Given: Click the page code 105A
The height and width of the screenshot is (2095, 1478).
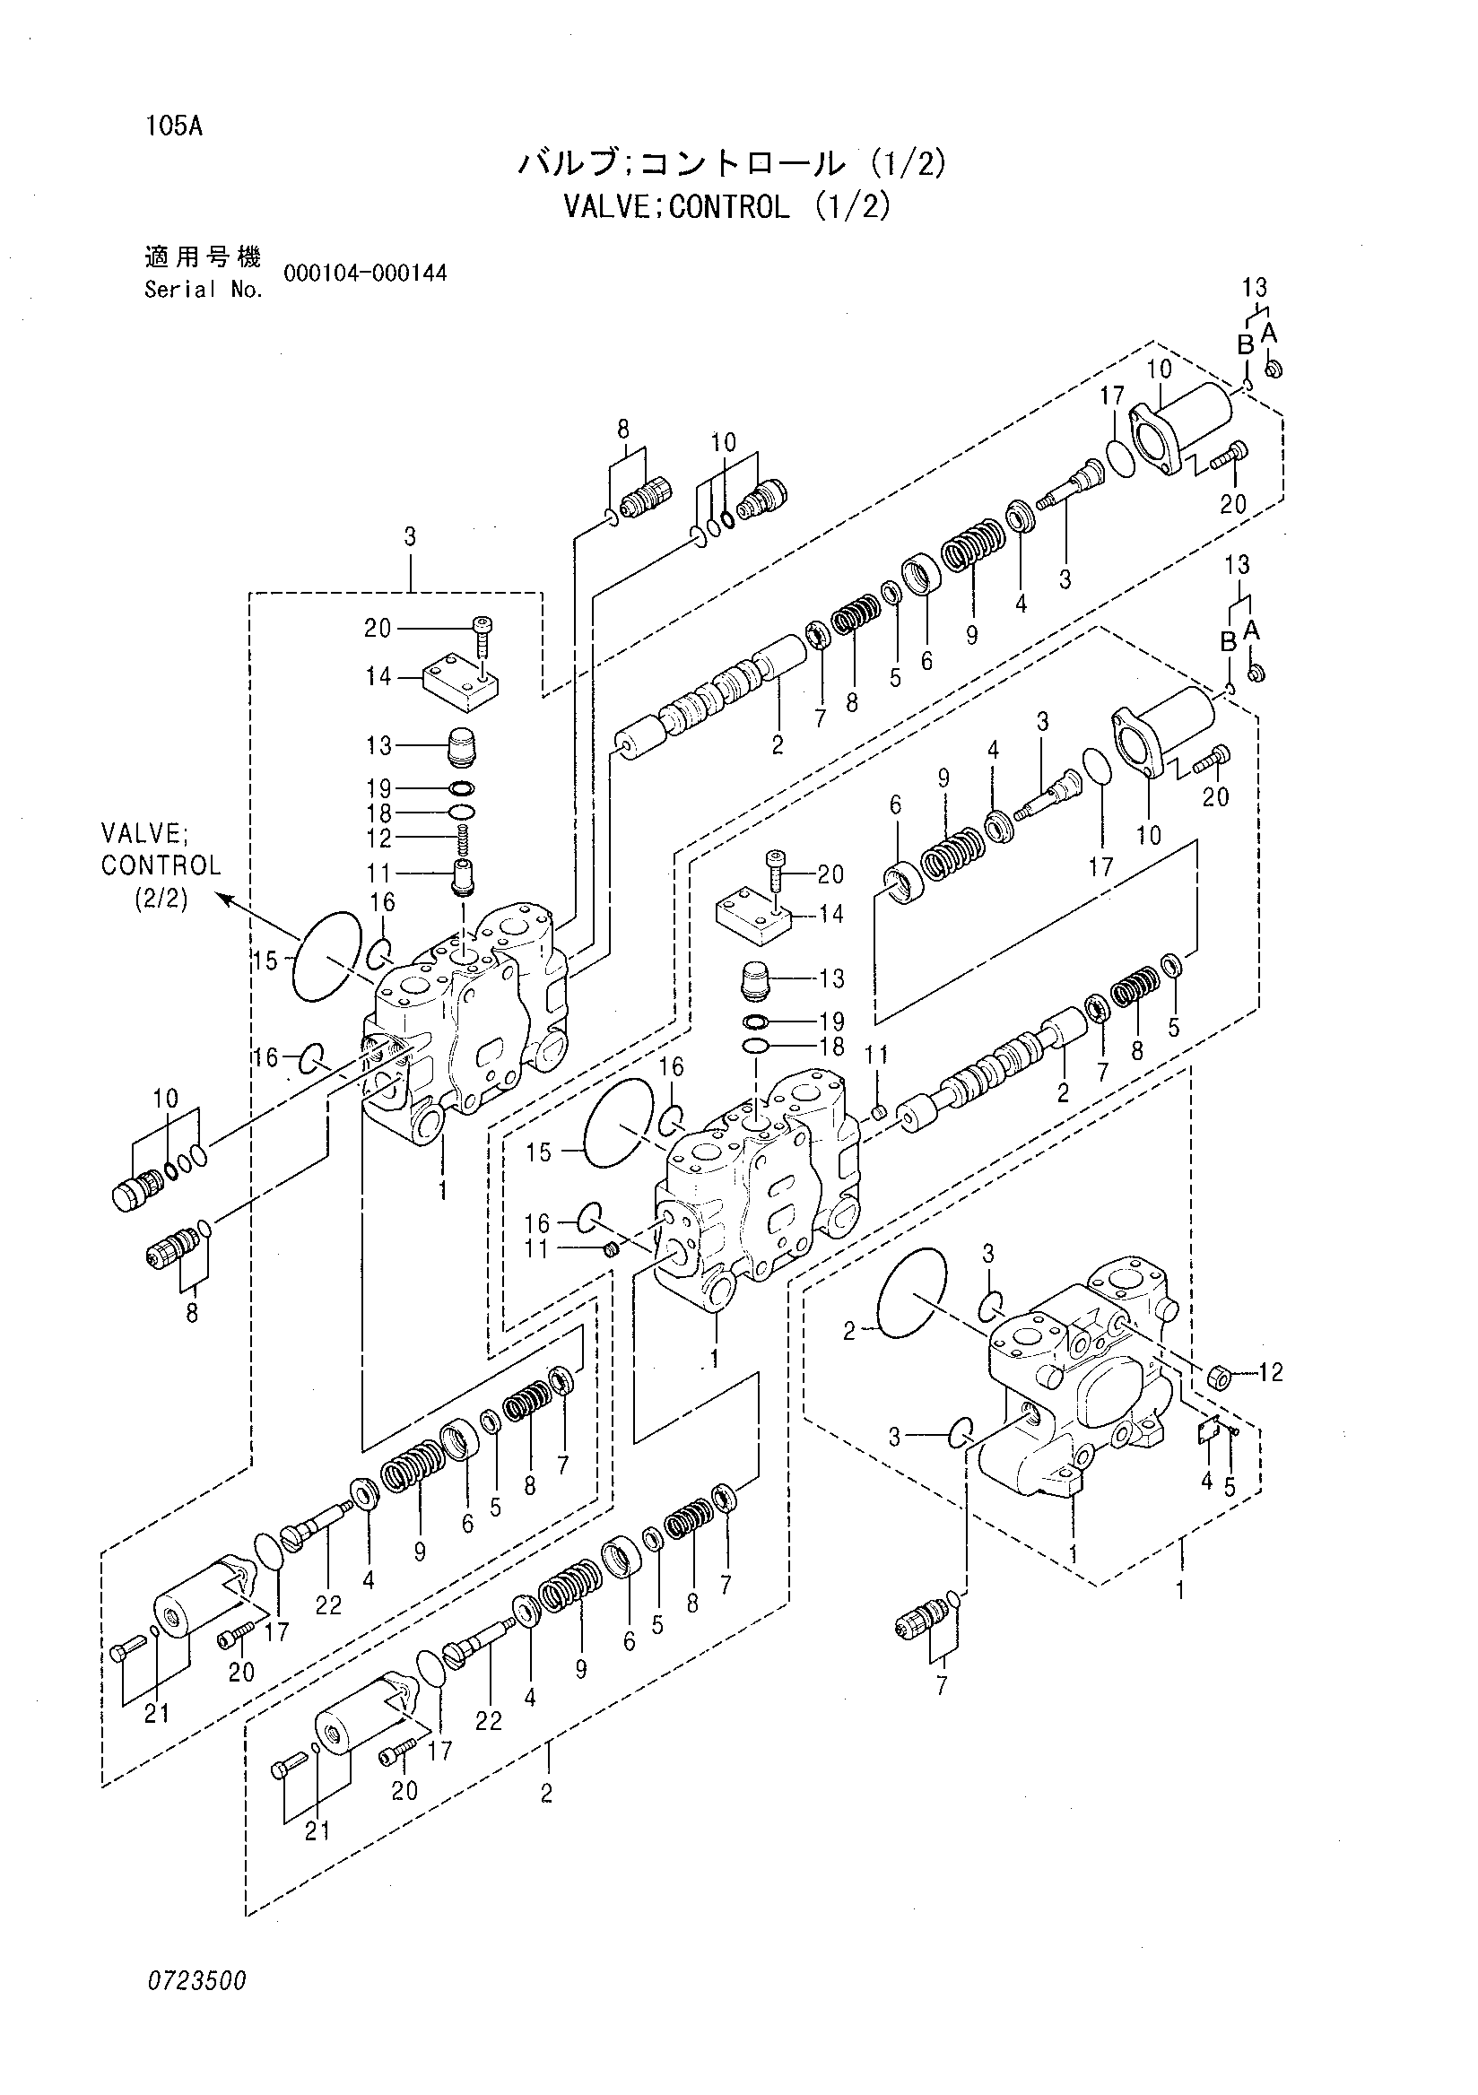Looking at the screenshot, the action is pyautogui.click(x=172, y=126).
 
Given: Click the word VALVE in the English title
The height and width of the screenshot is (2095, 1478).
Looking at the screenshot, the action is pyautogui.click(x=609, y=207).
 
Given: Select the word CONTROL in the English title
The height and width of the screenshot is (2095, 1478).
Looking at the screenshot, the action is pyautogui.click(x=729, y=207).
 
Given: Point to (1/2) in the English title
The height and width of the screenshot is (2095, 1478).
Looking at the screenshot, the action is pyautogui.click(x=850, y=207).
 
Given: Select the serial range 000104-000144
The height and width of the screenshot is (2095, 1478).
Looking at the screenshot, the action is pyautogui.click(x=365, y=273).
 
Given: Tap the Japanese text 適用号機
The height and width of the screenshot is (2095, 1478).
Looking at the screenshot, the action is pyautogui.click(x=203, y=257).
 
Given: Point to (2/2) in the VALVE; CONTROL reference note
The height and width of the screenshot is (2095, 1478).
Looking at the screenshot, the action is pyautogui.click(x=161, y=898).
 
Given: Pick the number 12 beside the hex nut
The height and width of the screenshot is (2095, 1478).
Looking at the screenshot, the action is pyautogui.click(x=1271, y=1371).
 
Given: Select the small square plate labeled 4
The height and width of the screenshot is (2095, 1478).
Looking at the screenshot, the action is pyautogui.click(x=1209, y=1432).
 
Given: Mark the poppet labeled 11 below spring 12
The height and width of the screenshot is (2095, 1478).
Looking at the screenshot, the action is pyautogui.click(x=463, y=875).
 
